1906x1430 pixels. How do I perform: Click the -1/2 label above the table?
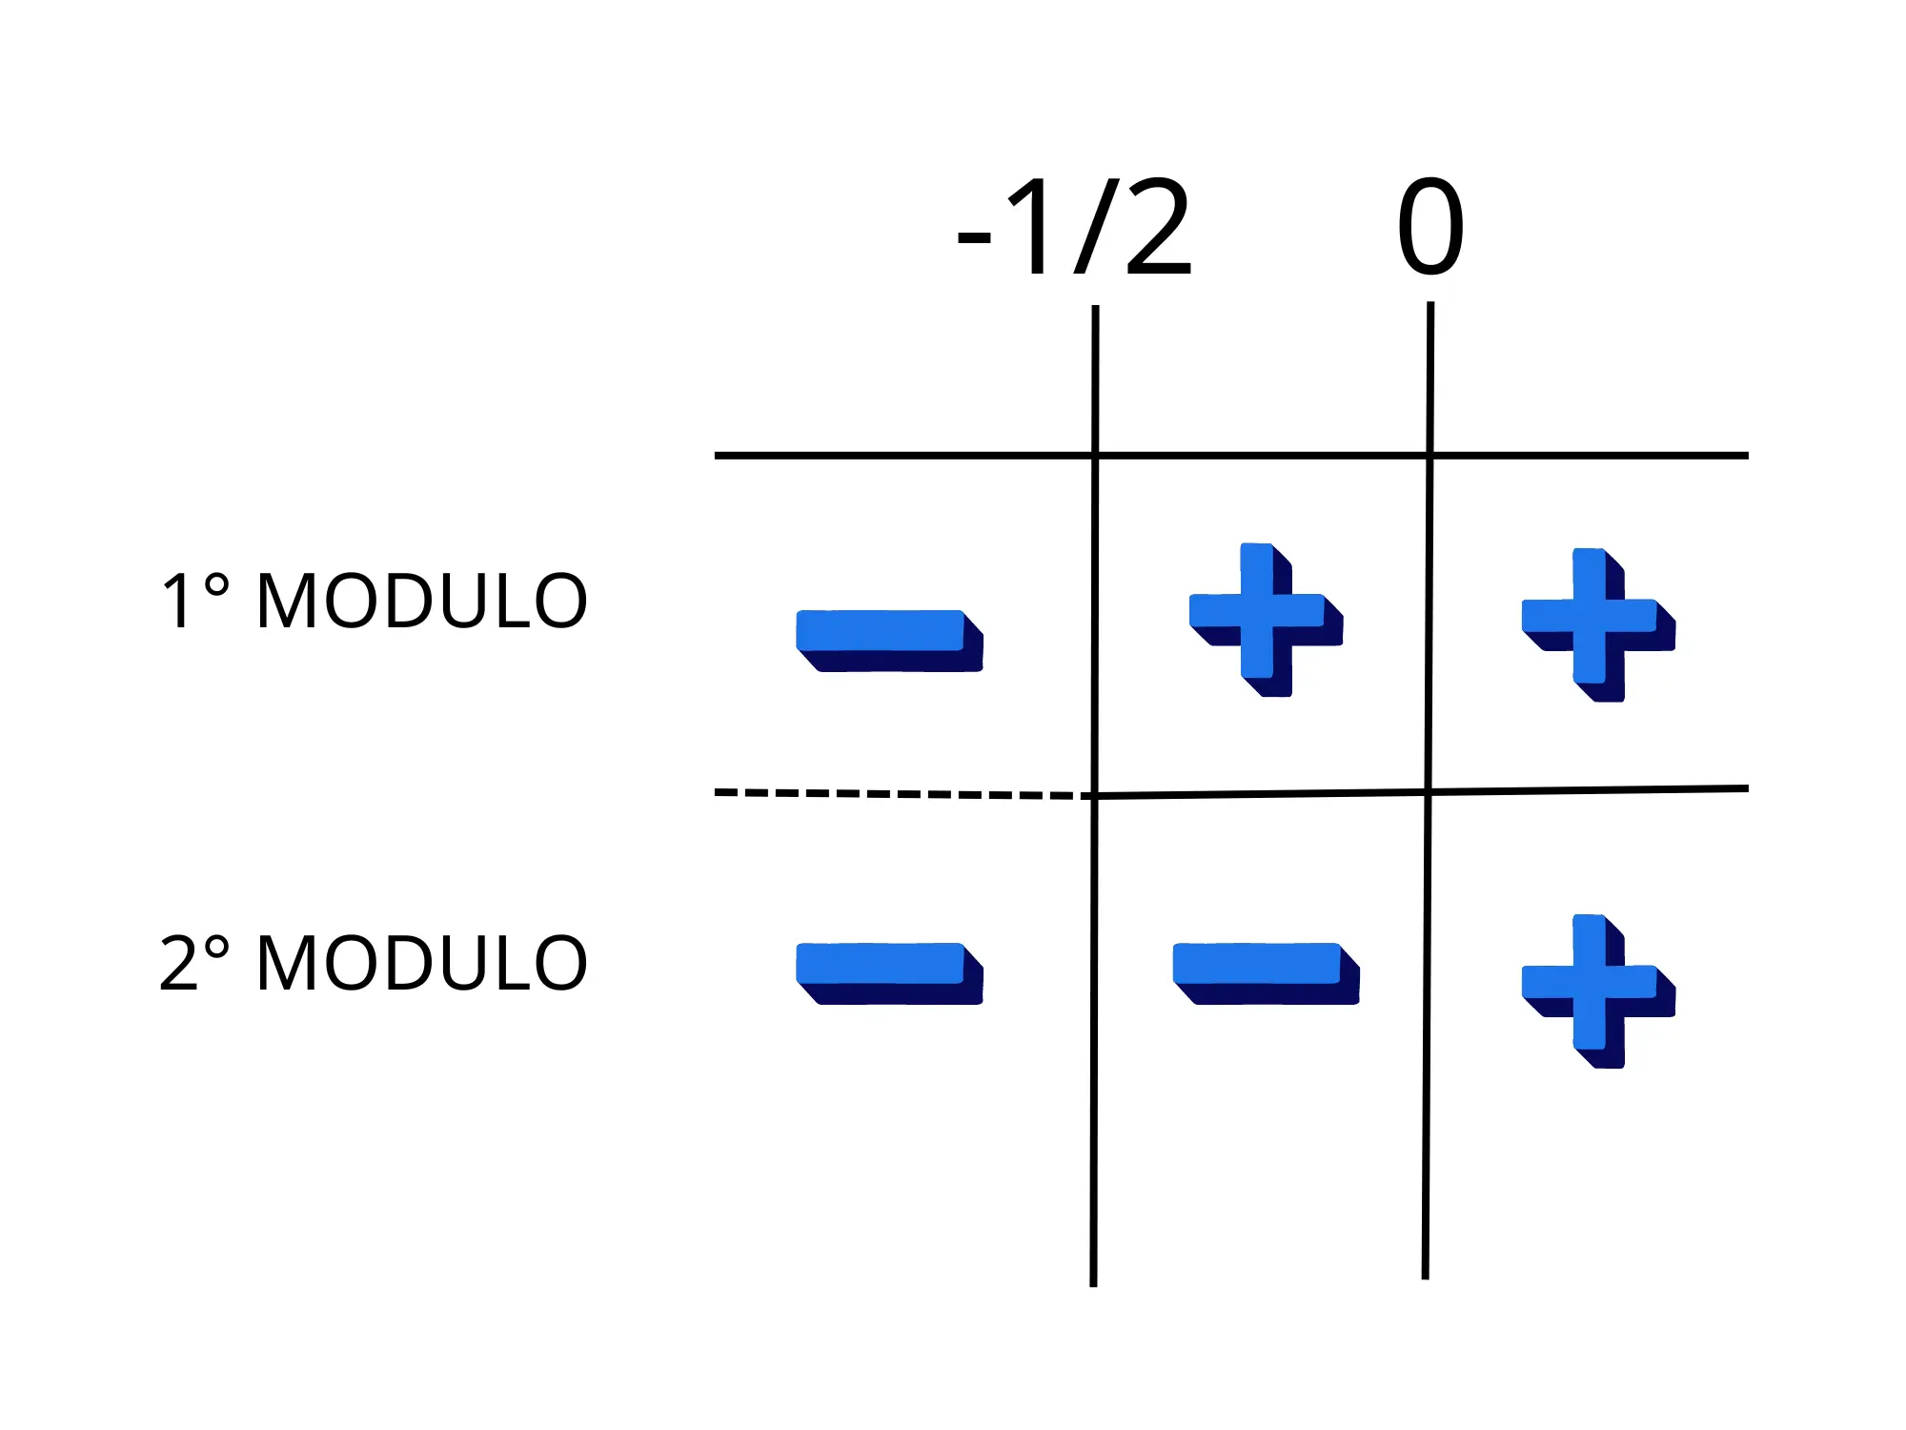click(x=1074, y=229)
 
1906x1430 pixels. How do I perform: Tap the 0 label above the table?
click(x=1429, y=229)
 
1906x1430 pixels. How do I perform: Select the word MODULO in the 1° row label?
click(x=422, y=602)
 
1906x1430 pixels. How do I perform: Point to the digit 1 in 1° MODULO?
click(x=177, y=602)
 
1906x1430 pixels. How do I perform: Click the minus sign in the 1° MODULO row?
click(x=889, y=640)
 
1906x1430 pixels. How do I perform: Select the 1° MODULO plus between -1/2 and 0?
click(x=1266, y=620)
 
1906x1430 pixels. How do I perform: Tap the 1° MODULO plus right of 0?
click(x=1598, y=624)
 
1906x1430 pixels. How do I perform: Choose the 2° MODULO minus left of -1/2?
click(x=889, y=972)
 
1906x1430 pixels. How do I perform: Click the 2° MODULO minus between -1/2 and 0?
click(x=1266, y=972)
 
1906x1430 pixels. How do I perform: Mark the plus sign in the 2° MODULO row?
click(x=1598, y=991)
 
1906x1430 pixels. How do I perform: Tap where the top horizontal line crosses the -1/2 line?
click(x=1095, y=456)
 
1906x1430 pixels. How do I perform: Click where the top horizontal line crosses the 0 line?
click(x=1429, y=456)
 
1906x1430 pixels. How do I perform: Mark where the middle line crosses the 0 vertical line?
click(x=1429, y=791)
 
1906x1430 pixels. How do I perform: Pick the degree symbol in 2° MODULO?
click(x=216, y=948)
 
